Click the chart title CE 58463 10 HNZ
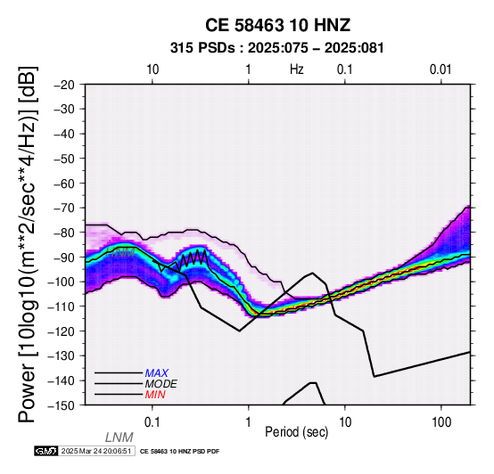[x=277, y=25]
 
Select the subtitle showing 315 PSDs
[x=277, y=48]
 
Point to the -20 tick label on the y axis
[x=63, y=85]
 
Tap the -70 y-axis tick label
[x=63, y=208]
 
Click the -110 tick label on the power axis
[x=61, y=306]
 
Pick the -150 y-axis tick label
[x=61, y=405]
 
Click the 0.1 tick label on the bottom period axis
[x=152, y=422]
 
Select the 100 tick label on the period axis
[x=441, y=422]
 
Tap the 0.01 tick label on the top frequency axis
[x=440, y=69]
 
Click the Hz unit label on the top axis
[x=297, y=69]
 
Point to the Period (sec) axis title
[x=296, y=432]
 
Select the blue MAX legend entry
[x=157, y=373]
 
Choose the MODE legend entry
[x=161, y=384]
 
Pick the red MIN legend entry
[x=155, y=395]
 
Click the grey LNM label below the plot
[x=119, y=437]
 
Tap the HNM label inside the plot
[x=120, y=252]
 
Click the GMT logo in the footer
[x=46, y=451]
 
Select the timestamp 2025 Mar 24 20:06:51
[x=96, y=452]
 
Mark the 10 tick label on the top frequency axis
[x=152, y=69]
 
